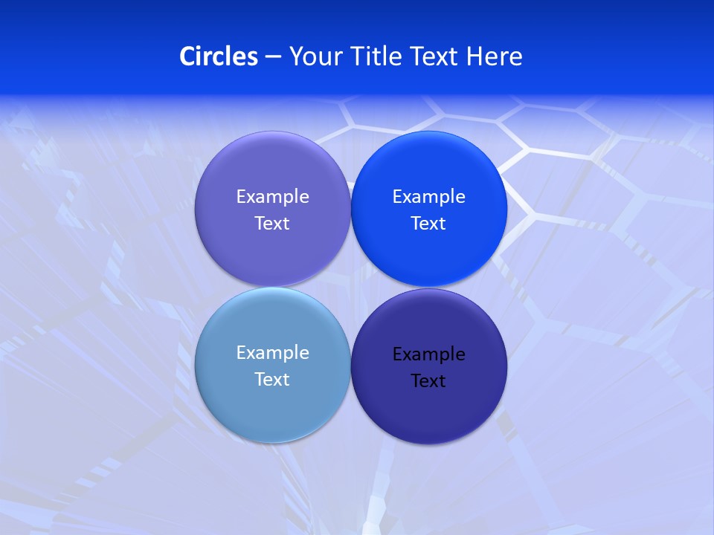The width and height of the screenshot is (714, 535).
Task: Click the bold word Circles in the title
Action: click(218, 56)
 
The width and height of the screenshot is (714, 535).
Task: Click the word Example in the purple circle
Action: click(272, 197)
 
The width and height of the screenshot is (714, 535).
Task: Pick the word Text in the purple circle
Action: click(272, 224)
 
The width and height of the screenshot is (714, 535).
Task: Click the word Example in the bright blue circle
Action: click(429, 197)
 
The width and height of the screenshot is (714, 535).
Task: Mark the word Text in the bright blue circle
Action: click(429, 224)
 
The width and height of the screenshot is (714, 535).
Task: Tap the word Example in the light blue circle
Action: click(272, 353)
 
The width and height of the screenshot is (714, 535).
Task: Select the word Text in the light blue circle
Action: click(272, 380)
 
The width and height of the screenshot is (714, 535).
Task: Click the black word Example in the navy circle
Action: click(429, 354)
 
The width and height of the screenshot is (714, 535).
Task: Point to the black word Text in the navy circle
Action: click(429, 381)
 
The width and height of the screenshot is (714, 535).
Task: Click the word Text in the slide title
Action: click(436, 56)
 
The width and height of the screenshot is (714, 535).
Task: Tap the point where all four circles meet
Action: click(350, 288)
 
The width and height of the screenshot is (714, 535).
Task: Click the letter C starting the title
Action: click(187, 56)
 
